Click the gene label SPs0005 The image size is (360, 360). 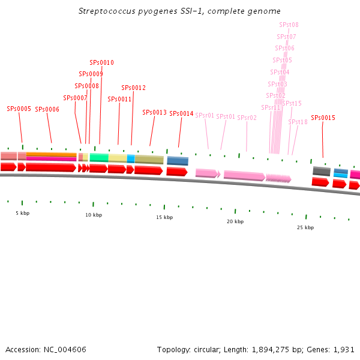[x=19, y=109]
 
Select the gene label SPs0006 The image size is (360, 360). [x=47, y=109]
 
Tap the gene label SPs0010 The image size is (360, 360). [x=101, y=62]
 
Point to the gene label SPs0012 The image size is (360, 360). [x=134, y=88]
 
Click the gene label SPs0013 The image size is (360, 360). [x=154, y=112]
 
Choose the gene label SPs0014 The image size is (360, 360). [x=181, y=113]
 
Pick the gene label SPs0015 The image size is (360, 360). [x=323, y=118]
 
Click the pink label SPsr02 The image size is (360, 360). [x=247, y=118]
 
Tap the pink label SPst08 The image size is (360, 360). [x=289, y=25]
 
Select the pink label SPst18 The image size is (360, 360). [x=298, y=122]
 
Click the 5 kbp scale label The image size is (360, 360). [x=22, y=213]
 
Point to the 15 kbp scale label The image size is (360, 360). [x=164, y=217]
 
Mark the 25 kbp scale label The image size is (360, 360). [x=305, y=227]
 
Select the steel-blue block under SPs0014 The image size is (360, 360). [x=178, y=161]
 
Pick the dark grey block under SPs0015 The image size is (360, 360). [x=322, y=171]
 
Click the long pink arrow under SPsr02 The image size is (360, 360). [x=244, y=176]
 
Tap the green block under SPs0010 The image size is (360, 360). [x=99, y=157]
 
